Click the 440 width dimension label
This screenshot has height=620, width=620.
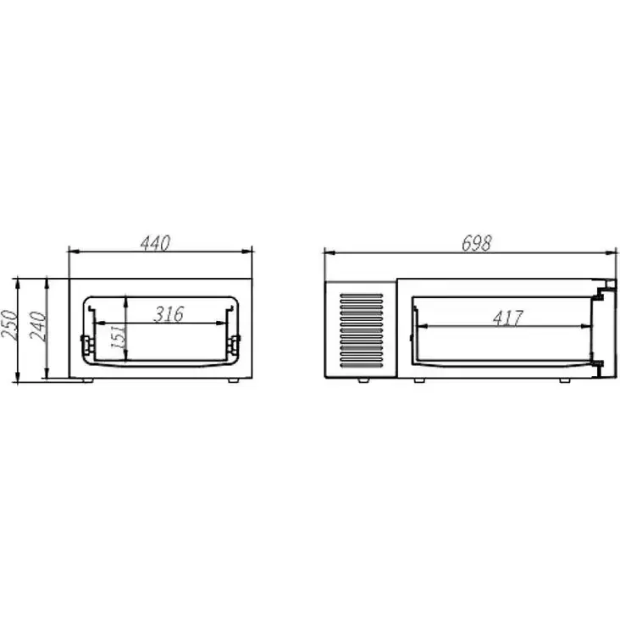pyautogui.click(x=155, y=243)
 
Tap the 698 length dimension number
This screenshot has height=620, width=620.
pyautogui.click(x=477, y=243)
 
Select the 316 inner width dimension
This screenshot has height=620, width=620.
pyautogui.click(x=169, y=314)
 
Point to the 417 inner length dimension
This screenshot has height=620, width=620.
pyautogui.click(x=508, y=318)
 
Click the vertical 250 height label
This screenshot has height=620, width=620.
pyautogui.click(x=9, y=325)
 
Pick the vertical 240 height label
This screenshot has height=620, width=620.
pyautogui.click(x=38, y=326)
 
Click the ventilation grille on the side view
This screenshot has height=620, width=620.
pyautogui.click(x=362, y=330)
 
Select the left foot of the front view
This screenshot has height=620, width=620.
pyautogui.click(x=87, y=380)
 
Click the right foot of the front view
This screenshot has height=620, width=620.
pyautogui.click(x=233, y=380)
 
